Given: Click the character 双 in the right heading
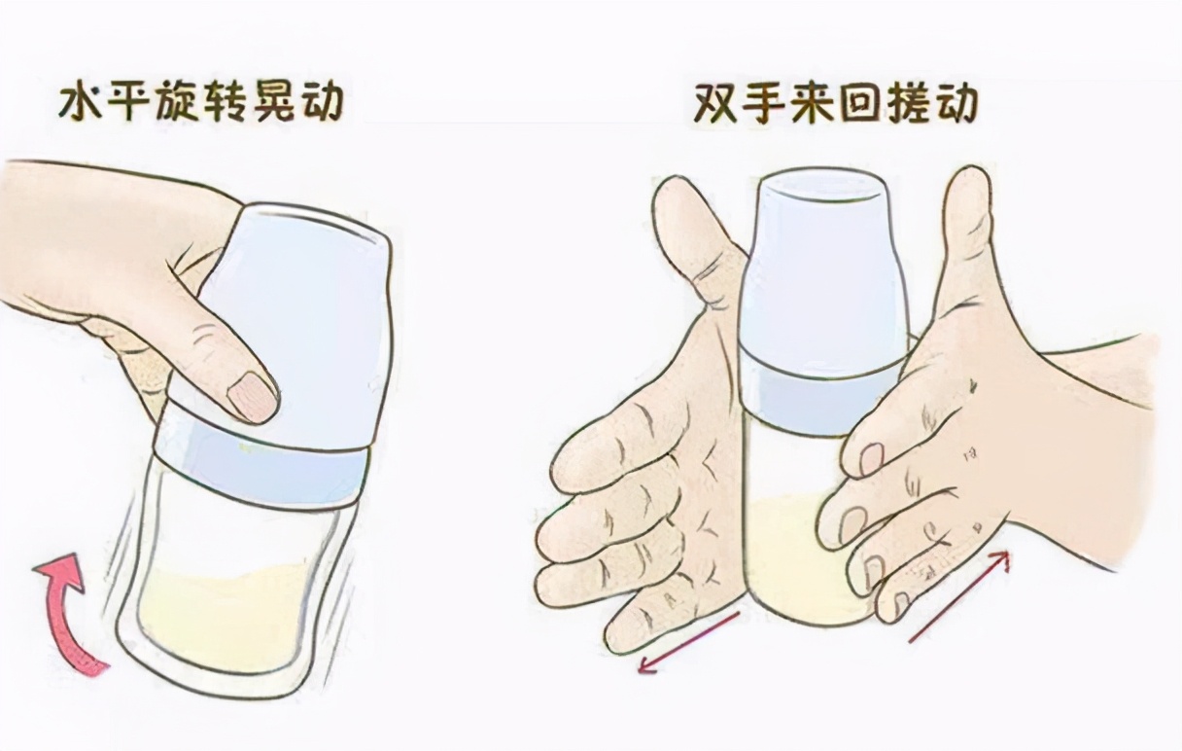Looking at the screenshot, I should pyautogui.click(x=716, y=101).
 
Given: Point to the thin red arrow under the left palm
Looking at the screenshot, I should pyautogui.click(x=689, y=641).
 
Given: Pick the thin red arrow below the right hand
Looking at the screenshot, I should pyautogui.click(x=958, y=595).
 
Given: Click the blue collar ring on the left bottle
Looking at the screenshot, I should pyautogui.click(x=262, y=468).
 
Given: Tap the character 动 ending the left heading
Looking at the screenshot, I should pyautogui.click(x=319, y=101).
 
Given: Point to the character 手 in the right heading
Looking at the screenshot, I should pyautogui.click(x=763, y=101).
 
